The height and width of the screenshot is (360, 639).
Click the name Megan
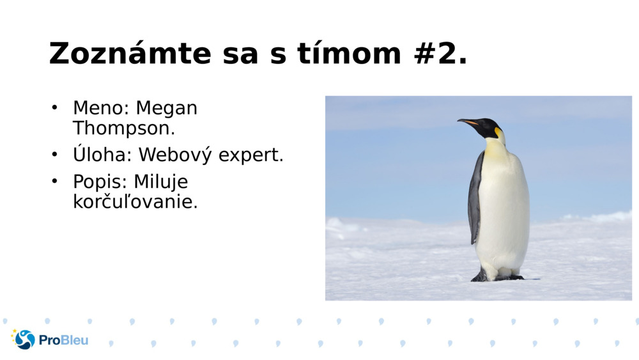(167, 108)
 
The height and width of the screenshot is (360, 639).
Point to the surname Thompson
(124, 128)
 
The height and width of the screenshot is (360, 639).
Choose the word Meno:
(101, 108)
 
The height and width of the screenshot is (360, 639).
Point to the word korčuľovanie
(135, 202)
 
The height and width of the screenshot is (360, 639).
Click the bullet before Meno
(55, 107)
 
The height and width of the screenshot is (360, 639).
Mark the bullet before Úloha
(55, 154)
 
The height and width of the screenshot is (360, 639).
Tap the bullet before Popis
(55, 182)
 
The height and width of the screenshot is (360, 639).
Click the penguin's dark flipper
(475, 198)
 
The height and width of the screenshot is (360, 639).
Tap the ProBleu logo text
(63, 340)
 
